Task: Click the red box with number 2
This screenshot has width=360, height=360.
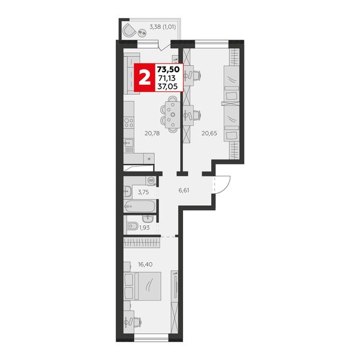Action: pos(145,77)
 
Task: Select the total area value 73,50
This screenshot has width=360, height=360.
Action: pos(170,69)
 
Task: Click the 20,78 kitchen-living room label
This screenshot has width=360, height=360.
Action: pos(152,133)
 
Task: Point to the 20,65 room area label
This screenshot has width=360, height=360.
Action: pos(209,133)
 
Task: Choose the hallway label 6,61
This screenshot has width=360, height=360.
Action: pos(184,190)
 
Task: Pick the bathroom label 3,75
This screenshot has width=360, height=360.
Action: pos(143,193)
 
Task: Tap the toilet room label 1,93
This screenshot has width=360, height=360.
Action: pos(145,227)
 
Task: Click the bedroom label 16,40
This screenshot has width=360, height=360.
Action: pos(145,265)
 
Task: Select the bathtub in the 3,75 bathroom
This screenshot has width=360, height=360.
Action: pos(140,206)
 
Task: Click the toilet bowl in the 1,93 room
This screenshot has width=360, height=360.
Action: pos(132,226)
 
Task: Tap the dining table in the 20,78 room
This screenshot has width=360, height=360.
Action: pos(173,115)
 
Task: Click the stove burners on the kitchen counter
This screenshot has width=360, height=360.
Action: pos(129,122)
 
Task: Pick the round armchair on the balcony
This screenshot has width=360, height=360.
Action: pos(129,31)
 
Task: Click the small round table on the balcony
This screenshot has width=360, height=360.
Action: pos(142,33)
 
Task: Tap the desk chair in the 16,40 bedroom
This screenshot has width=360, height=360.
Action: pos(137,322)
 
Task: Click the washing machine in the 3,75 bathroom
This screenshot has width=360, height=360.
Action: pos(151,181)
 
